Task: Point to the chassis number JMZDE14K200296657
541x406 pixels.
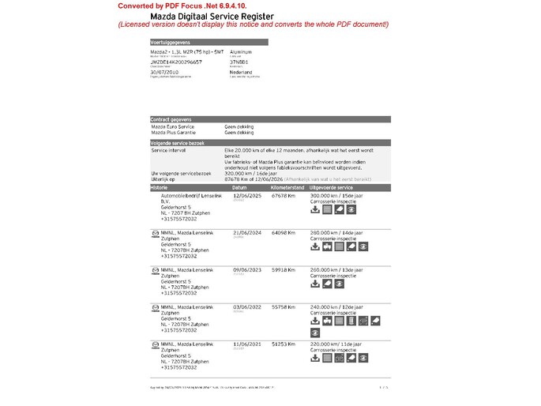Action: [x=176, y=61]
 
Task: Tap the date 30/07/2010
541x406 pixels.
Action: [x=163, y=72]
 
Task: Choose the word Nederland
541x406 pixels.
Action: [x=240, y=72]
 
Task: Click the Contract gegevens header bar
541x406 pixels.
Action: [x=172, y=119]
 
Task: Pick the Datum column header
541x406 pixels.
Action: [x=240, y=187]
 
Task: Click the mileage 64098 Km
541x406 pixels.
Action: [x=284, y=232]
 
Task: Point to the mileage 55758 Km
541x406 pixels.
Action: [x=284, y=306]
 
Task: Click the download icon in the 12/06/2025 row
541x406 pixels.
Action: [x=315, y=209]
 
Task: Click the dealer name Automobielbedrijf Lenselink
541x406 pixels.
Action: [x=191, y=194]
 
